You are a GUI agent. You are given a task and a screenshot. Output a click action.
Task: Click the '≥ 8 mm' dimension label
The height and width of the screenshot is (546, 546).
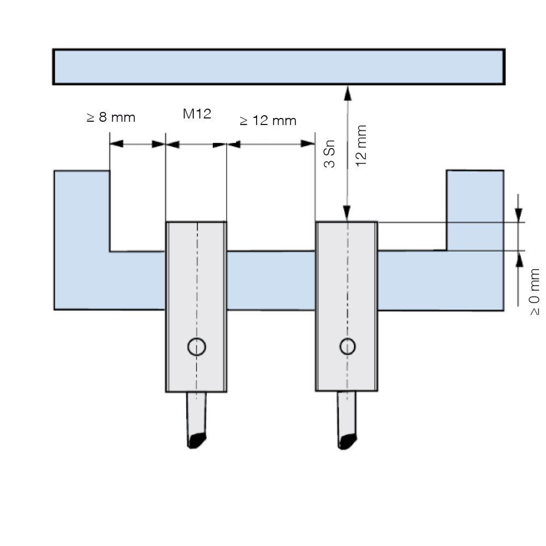[x=111, y=117]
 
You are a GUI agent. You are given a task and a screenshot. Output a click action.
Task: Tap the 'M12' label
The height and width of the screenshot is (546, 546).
[x=197, y=114]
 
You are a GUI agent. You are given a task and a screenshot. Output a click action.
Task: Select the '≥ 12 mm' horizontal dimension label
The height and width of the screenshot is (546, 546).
[x=268, y=121]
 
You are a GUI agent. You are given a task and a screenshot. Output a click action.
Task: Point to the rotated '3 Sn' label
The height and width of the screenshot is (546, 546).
[x=329, y=153]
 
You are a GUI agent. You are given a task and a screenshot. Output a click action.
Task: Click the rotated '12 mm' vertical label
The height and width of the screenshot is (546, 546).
[x=361, y=146]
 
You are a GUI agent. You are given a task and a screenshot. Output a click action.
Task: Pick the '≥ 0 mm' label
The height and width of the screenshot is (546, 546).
[x=534, y=292]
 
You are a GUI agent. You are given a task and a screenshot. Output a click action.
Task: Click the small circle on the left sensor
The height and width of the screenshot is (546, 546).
[x=197, y=347]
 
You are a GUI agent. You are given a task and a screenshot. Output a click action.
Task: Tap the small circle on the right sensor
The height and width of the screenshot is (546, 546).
[x=347, y=347]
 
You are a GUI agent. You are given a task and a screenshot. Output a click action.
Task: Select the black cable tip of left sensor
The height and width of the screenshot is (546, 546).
[x=197, y=441]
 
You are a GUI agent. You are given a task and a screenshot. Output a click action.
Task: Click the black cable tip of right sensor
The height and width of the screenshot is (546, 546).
[x=347, y=442]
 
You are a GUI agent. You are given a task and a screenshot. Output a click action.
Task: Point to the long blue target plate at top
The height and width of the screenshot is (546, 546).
[x=279, y=67]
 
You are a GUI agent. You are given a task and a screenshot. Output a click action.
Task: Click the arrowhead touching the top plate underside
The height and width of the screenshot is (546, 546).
[x=347, y=93]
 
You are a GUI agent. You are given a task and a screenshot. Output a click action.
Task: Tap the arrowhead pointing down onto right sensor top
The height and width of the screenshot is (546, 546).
[x=347, y=213]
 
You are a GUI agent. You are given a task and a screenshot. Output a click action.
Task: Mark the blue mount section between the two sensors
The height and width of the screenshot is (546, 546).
[x=271, y=280]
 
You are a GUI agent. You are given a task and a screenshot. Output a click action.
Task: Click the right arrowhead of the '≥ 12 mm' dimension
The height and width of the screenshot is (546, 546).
[x=308, y=144]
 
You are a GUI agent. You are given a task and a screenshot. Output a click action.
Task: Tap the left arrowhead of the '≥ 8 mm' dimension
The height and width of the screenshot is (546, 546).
[x=117, y=144]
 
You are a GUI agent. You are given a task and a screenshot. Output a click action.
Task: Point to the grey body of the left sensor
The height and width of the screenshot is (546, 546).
[x=197, y=307]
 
